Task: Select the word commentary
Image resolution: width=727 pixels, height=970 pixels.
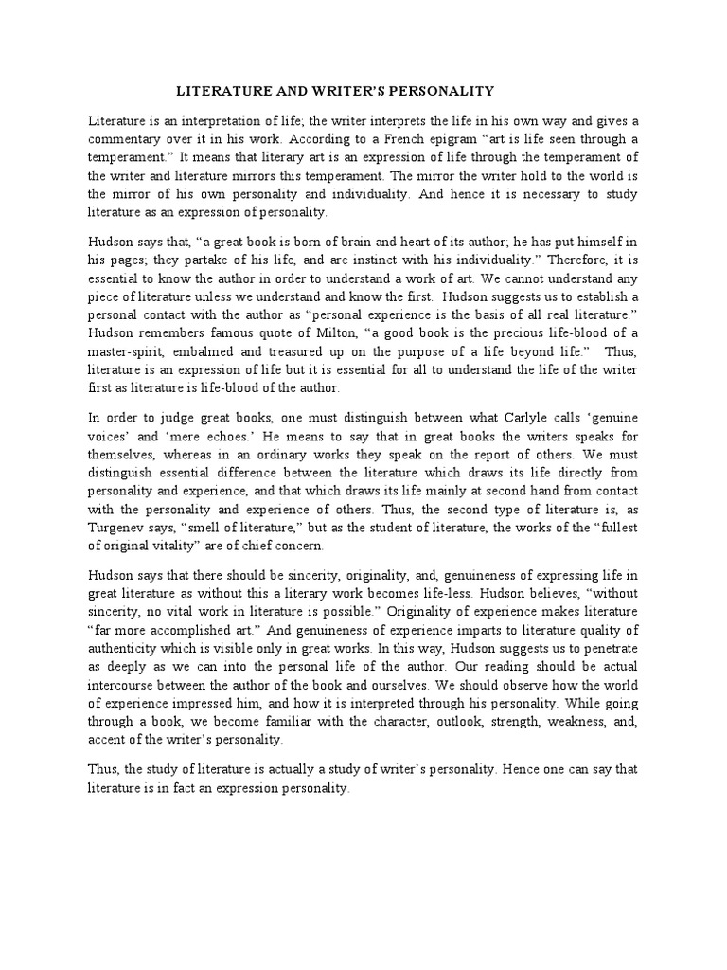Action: coord(123,139)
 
